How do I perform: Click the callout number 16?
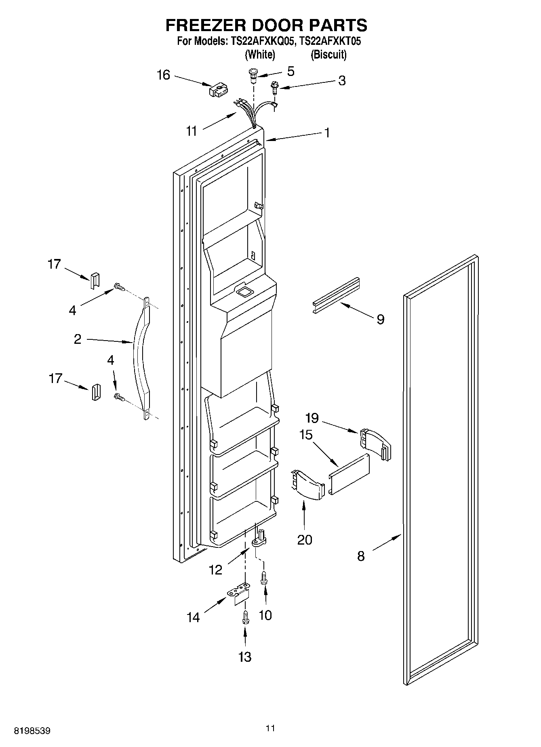click(163, 75)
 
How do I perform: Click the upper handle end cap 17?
click(94, 280)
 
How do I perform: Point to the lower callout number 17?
click(55, 379)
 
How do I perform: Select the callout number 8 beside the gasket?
click(360, 556)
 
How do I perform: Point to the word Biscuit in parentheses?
click(328, 55)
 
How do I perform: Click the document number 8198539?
click(32, 731)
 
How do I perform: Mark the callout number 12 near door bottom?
click(216, 570)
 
